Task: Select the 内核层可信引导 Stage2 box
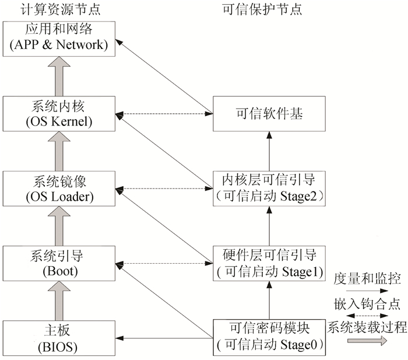[269, 188]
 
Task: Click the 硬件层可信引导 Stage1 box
[269, 263]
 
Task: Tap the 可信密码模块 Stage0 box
[269, 337]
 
